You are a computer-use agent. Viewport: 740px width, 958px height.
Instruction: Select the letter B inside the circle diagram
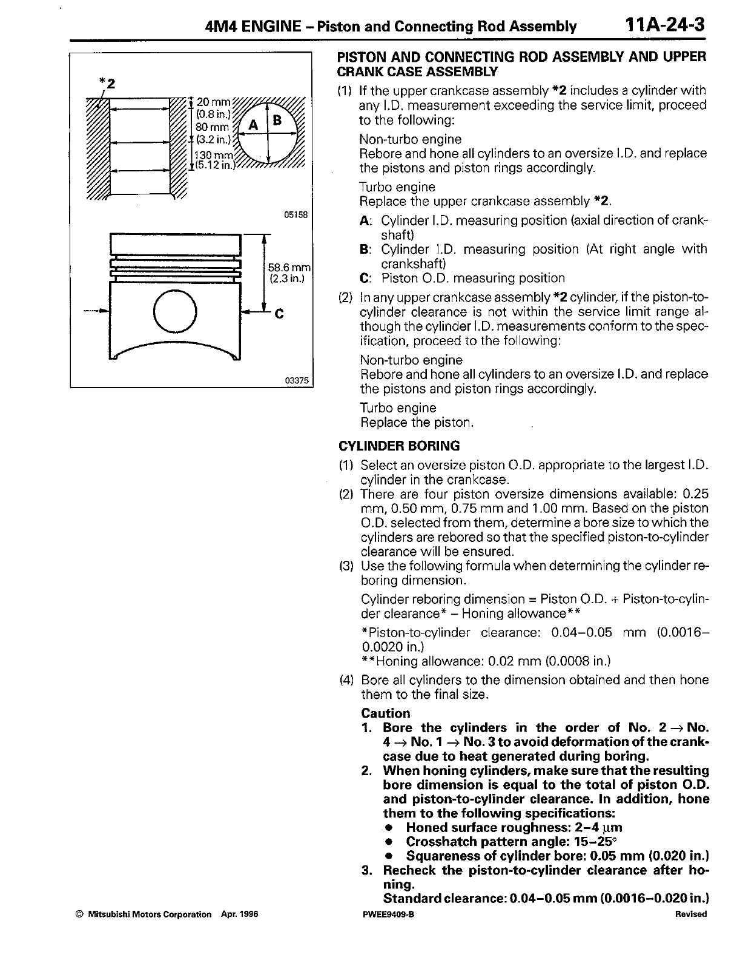click(277, 120)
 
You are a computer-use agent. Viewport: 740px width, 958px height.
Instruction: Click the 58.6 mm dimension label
click(289, 268)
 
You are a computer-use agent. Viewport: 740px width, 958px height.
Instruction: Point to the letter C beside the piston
click(279, 314)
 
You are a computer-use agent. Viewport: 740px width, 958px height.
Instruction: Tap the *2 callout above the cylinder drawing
click(107, 82)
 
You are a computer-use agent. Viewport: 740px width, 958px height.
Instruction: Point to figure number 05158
click(296, 214)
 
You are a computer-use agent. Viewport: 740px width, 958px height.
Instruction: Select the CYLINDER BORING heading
click(398, 446)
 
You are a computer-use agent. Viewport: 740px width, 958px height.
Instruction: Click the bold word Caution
click(385, 713)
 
